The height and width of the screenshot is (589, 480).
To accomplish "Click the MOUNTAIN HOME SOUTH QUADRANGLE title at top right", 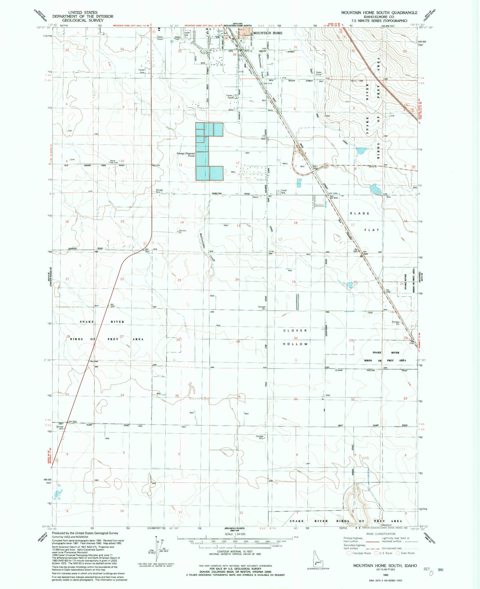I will tap(379, 12).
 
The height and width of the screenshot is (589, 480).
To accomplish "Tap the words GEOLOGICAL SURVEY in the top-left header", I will tap(83, 20).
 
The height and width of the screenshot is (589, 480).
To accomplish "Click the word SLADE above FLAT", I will tap(360, 213).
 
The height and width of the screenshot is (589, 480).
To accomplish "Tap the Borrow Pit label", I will tap(182, 232).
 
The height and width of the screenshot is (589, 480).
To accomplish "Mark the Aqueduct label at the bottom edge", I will tap(387, 525).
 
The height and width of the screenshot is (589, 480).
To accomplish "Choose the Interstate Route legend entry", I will tap(359, 553).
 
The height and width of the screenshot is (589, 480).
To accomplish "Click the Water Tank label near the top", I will tap(177, 38).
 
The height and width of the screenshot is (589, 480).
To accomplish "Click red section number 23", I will tap(179, 280).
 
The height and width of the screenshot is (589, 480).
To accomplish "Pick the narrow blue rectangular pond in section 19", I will tap(297, 302).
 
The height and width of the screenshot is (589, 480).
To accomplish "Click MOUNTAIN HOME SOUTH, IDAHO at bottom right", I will tap(385, 566).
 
